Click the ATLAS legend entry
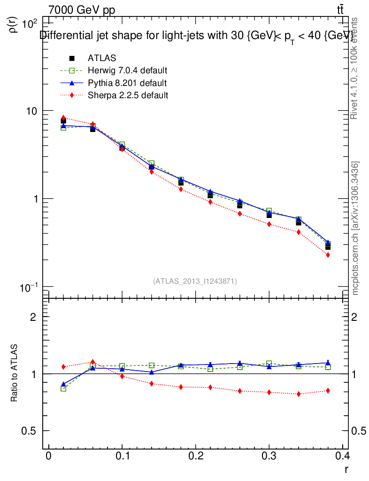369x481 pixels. point(102,58)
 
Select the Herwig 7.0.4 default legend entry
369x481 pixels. point(127,70)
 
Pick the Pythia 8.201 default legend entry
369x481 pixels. point(127,83)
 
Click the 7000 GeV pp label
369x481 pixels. point(82,10)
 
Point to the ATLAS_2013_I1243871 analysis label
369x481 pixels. point(195,281)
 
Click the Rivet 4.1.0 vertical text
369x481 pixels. point(355,68)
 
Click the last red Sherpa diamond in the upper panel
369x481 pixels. point(328,255)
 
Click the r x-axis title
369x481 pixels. point(346,468)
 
